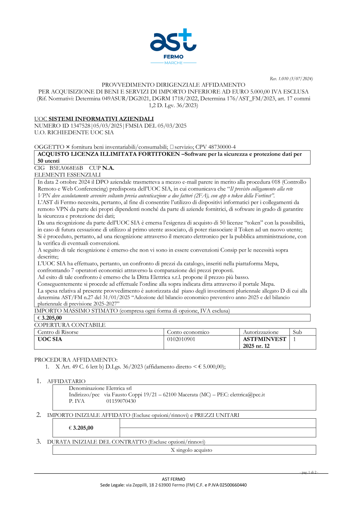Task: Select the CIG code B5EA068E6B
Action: tap(66, 168)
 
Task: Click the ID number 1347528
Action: tap(80, 126)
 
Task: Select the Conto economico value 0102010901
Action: tap(181, 339)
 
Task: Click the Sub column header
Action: tap(297, 332)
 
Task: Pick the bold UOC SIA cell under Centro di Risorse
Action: tap(50, 339)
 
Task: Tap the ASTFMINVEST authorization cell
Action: tap(264, 342)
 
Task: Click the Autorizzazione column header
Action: tap(261, 332)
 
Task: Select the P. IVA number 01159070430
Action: tap(121, 401)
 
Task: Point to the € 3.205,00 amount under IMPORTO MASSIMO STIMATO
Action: tap(50, 318)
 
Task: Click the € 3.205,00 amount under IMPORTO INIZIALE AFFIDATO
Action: tap(81, 428)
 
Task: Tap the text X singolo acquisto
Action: tap(192, 450)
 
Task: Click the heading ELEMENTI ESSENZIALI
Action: tap(67, 175)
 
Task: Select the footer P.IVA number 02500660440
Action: tap(233, 485)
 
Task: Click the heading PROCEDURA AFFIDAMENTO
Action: tap(76, 360)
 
